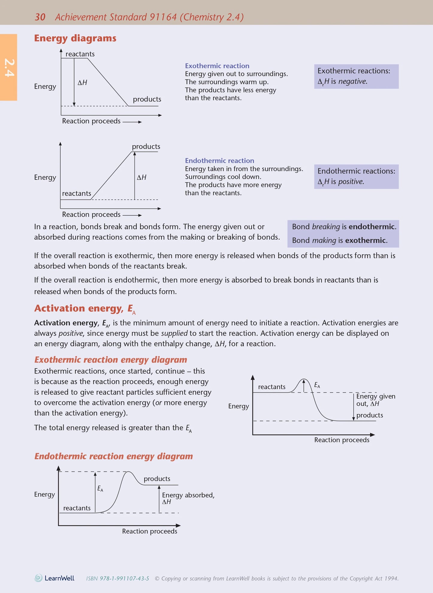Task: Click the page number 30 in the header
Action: tap(40, 17)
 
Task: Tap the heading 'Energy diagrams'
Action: tap(75, 38)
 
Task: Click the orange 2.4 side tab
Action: tap(9, 67)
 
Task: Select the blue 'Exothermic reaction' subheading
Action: tap(217, 66)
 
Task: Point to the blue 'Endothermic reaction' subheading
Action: tap(219, 160)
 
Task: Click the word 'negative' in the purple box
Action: tap(352, 81)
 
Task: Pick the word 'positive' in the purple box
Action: tap(351, 181)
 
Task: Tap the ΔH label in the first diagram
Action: tap(82, 82)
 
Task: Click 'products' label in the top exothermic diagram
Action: tap(147, 99)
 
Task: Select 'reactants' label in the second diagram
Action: tap(76, 193)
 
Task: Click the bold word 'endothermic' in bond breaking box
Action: tap(372, 226)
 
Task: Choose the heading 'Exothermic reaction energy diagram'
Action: tap(111, 360)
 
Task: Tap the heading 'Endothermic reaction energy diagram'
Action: tap(114, 456)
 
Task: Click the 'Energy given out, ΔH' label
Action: tap(375, 400)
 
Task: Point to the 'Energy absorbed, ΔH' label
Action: tap(188, 498)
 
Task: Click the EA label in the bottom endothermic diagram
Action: tap(100, 489)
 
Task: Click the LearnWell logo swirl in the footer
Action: tap(38, 578)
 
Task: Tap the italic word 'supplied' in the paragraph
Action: tap(174, 333)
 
